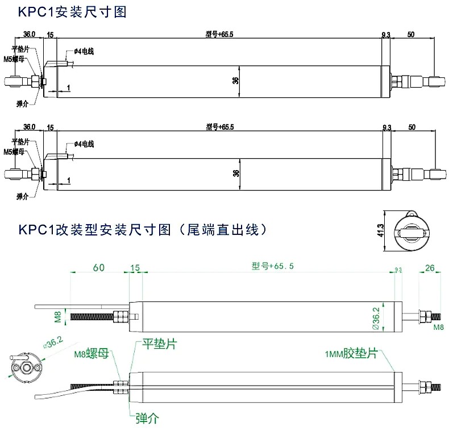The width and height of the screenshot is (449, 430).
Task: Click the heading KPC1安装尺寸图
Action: (72, 11)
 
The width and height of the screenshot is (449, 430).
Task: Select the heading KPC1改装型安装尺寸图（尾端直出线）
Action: (139, 230)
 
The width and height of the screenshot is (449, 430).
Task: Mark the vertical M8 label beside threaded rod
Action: (57, 316)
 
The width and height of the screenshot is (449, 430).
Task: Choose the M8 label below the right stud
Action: (439, 328)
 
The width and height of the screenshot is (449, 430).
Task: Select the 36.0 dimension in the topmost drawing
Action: (30, 35)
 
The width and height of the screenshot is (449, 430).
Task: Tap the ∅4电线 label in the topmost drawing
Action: (83, 52)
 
